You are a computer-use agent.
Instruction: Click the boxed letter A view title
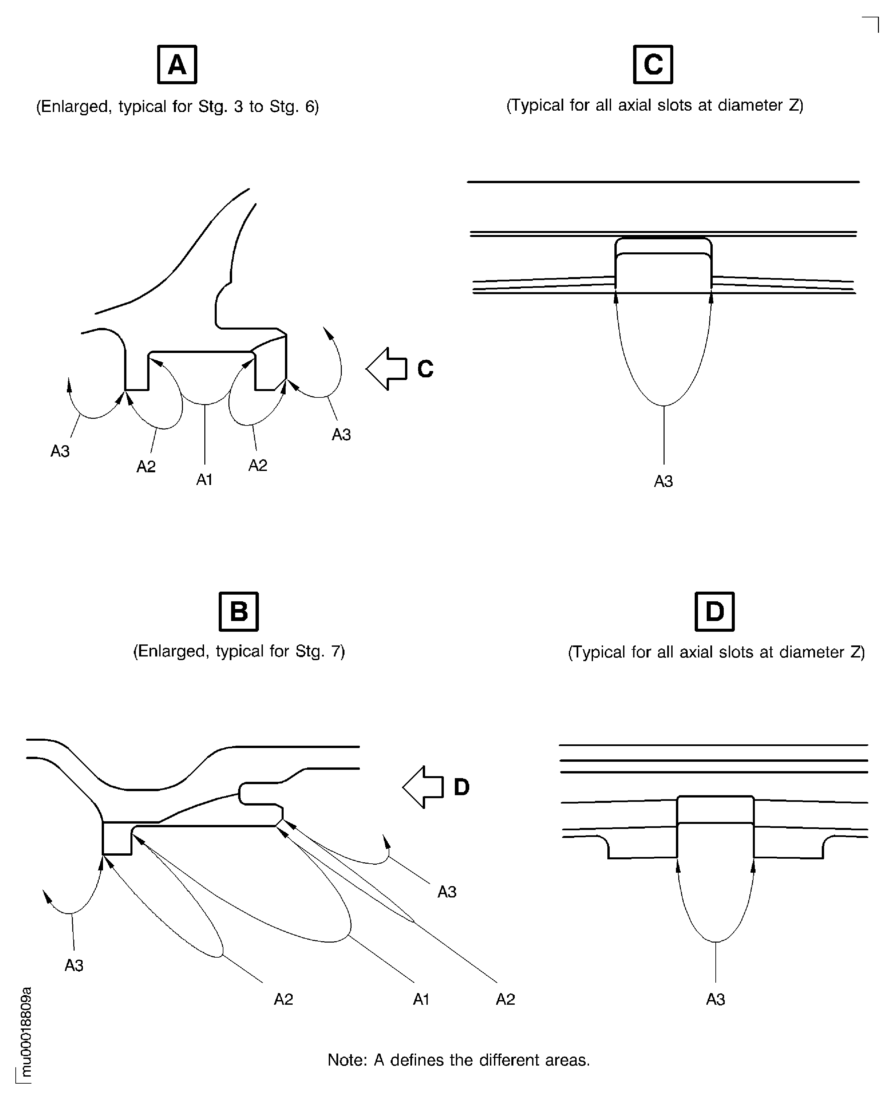(177, 65)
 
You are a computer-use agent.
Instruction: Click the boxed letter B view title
(239, 612)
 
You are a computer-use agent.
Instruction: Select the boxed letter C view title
(653, 65)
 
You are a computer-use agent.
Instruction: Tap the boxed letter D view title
(714, 612)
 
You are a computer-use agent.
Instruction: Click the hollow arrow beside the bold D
(423, 787)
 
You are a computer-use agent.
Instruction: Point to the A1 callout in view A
(205, 480)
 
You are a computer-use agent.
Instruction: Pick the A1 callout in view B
(421, 999)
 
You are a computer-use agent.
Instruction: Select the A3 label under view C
(664, 481)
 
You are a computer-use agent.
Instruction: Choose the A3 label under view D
(716, 999)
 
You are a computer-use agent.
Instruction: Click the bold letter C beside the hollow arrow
(425, 369)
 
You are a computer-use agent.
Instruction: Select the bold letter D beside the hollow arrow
(462, 787)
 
